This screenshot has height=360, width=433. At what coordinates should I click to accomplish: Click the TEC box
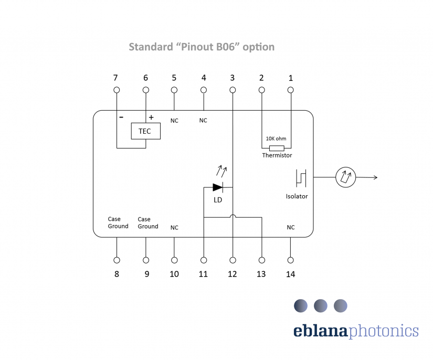point(145,131)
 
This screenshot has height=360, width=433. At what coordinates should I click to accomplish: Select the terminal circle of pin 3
point(233,90)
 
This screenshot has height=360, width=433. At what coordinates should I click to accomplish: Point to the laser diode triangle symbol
point(218,187)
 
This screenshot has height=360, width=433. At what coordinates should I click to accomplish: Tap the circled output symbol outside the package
point(346,177)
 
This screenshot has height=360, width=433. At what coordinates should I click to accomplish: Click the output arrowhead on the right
point(375,177)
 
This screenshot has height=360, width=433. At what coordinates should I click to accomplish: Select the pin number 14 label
point(291,274)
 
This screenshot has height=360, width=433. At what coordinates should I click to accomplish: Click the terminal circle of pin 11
point(204,260)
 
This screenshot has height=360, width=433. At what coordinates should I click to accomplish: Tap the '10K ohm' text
point(276,139)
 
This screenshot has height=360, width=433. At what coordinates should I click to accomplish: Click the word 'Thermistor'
point(277,155)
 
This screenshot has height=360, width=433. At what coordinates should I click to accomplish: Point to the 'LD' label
point(218,200)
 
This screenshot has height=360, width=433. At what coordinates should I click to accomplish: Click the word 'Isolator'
point(297,196)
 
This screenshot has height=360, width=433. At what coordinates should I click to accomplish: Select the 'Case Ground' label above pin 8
point(118,223)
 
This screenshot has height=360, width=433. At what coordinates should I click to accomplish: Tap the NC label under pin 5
point(174,121)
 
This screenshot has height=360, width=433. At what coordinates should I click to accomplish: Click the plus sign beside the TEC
point(151,118)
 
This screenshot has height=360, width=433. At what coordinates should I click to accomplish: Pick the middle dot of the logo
point(320,305)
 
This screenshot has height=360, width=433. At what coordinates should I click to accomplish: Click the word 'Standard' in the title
point(149,47)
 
